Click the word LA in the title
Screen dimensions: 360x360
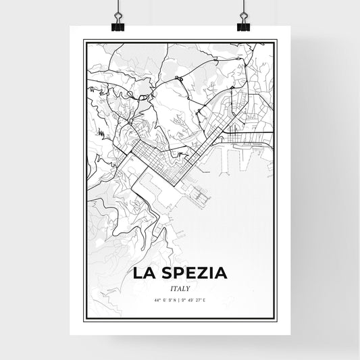[x=145, y=274]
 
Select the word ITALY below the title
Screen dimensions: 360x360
[x=180, y=287]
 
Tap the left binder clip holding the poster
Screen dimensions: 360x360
[x=117, y=20]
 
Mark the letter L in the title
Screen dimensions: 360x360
[x=139, y=274]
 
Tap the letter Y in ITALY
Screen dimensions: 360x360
[x=188, y=287]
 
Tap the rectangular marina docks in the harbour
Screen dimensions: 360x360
[x=201, y=197]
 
